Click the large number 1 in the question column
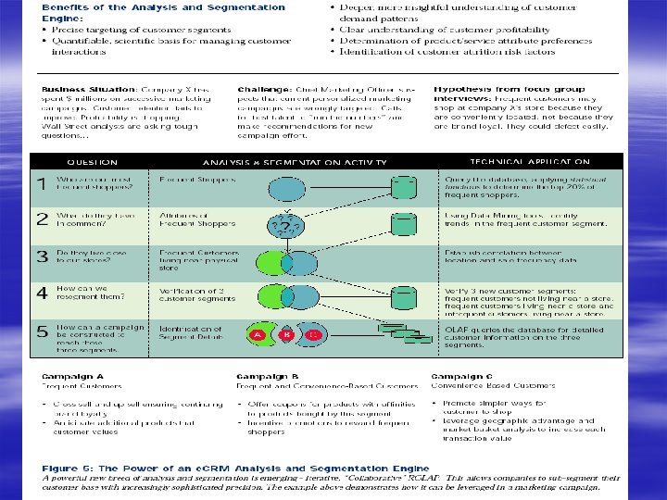coord(41,185)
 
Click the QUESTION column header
coord(91,159)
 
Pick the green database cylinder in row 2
coord(402,225)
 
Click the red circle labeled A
coord(258,334)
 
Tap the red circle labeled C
coord(316,334)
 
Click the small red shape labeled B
coord(287,334)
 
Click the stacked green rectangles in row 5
coord(409,333)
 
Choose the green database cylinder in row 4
coord(402,295)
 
